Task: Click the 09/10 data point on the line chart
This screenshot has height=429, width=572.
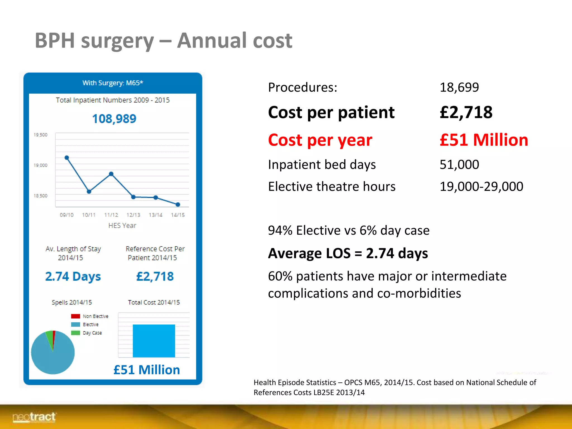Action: click(x=67, y=158)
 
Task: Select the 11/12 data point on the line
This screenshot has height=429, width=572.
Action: click(x=111, y=174)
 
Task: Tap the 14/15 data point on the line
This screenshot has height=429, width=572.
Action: click(x=178, y=204)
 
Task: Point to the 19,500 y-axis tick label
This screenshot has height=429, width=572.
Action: click(x=40, y=135)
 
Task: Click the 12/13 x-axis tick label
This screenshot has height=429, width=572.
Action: click(x=133, y=215)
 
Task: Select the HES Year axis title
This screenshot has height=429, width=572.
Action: click(x=122, y=225)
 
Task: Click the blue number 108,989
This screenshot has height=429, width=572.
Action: click(x=114, y=119)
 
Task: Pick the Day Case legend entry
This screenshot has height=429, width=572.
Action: click(x=87, y=333)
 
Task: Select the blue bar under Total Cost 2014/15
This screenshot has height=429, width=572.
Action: click(x=154, y=341)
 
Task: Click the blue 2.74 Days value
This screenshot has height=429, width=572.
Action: click(x=73, y=276)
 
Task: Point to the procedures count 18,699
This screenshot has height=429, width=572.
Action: click(x=459, y=87)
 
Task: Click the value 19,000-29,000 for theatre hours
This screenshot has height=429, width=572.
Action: click(x=481, y=186)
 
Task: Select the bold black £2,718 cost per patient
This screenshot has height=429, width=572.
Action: click(x=466, y=112)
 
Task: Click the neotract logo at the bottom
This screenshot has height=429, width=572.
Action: click(x=34, y=417)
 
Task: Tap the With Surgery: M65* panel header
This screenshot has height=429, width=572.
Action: click(x=113, y=83)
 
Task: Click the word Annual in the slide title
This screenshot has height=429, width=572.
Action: click(x=212, y=40)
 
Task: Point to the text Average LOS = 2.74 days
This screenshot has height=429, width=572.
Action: click(x=348, y=253)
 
